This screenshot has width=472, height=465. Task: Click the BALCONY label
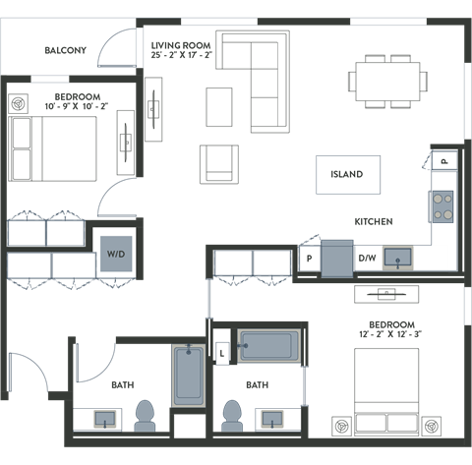pyautogui.click(x=65, y=50)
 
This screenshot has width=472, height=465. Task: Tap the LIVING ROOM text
pyautogui.click(x=181, y=45)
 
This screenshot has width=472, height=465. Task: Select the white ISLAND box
pyautogui.click(x=346, y=174)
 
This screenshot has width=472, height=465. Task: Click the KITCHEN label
pyautogui.click(x=374, y=222)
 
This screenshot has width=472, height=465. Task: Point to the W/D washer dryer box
pyautogui.click(x=116, y=254)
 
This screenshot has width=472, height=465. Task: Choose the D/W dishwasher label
pyautogui.click(x=367, y=259)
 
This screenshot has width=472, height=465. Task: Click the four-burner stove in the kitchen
pyautogui.click(x=442, y=205)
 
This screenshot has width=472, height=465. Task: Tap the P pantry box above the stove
pyautogui.click(x=443, y=160)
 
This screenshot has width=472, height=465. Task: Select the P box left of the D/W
pyautogui.click(x=310, y=259)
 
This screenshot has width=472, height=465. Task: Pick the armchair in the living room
pyautogui.click(x=218, y=164)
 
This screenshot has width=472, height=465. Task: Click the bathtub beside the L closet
pyautogui.click(x=267, y=346)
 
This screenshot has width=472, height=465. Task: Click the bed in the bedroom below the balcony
pyautogui.click(x=53, y=145)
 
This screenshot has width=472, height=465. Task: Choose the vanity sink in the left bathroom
pyautogui.click(x=105, y=419)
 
